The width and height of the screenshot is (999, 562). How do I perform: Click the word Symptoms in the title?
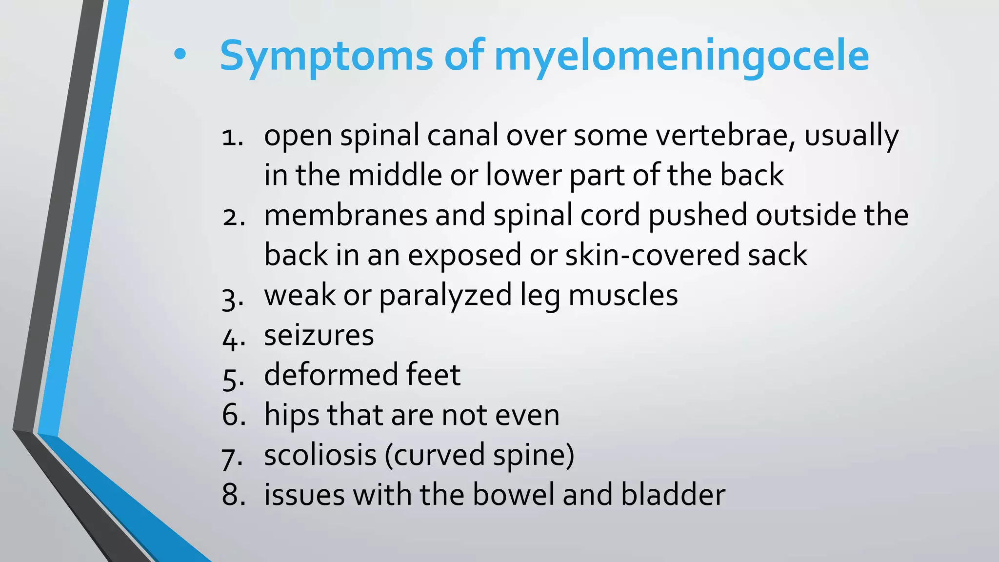coord(326,56)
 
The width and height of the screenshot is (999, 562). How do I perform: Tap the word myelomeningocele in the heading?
coord(681,56)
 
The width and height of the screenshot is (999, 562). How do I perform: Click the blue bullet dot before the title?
coord(180,55)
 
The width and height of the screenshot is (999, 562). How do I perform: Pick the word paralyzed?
coord(445,296)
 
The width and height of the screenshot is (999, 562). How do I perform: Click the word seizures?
coord(319,336)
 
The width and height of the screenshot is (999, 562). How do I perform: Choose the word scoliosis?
coord(320,455)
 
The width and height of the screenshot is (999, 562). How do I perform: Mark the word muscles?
coord(623,295)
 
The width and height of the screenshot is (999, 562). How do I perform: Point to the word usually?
coord(851,136)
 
